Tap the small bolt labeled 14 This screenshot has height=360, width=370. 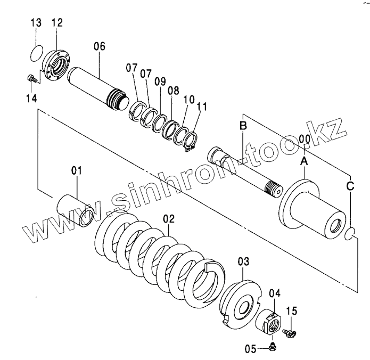[32, 78]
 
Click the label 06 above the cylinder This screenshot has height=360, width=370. [100, 46]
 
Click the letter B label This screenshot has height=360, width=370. [243, 126]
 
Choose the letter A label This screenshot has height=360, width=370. [304, 160]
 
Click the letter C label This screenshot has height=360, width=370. [350, 186]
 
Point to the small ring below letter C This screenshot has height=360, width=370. [350, 233]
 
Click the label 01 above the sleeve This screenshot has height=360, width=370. [77, 170]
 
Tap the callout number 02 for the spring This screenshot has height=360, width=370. [169, 218]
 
